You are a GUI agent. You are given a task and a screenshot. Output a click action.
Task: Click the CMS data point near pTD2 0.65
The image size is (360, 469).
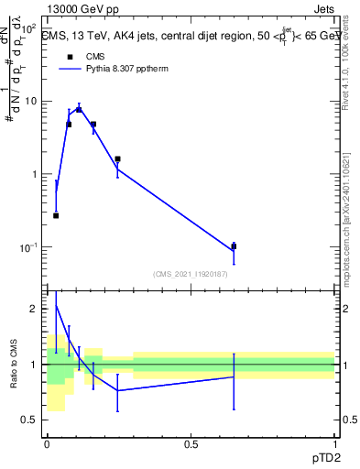[x=234, y=246]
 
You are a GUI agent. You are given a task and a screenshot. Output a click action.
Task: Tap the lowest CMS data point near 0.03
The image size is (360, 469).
[x=56, y=215]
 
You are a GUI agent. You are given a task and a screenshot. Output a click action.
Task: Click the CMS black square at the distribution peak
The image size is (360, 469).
[x=79, y=109]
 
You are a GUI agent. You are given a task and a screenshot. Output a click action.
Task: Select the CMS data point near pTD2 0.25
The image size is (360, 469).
[x=118, y=159]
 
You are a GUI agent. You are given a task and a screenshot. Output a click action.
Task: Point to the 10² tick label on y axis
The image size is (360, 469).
[x=29, y=29]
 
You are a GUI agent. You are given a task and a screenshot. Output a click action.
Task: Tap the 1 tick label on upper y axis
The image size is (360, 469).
[x=35, y=174]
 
